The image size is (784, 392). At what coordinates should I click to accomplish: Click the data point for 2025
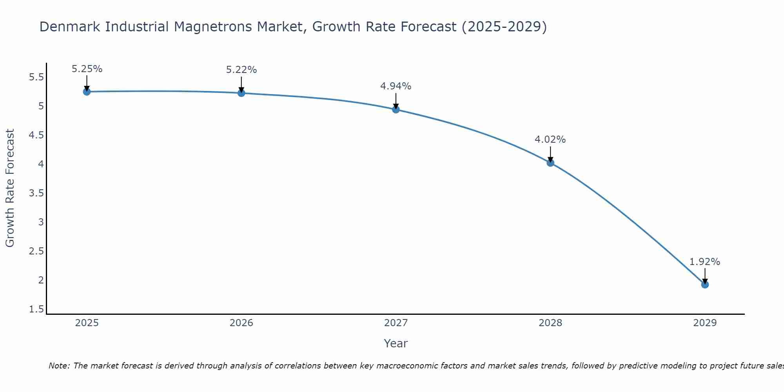[87, 92]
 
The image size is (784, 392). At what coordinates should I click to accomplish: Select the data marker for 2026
[241, 93]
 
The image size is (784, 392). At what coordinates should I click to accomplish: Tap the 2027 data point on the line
[396, 109]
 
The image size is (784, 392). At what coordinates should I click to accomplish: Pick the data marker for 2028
[550, 163]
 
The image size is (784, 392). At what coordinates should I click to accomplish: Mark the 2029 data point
[705, 284]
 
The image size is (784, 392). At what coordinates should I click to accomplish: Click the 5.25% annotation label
[87, 69]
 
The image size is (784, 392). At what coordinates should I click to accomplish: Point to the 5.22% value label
[241, 70]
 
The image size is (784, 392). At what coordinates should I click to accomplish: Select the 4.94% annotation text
[396, 86]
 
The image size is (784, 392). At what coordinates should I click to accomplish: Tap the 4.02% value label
[550, 140]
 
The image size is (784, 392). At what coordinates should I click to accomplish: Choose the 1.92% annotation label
[705, 262]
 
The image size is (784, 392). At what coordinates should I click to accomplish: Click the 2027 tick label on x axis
[396, 323]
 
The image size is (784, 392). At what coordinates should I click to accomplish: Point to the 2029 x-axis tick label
[705, 323]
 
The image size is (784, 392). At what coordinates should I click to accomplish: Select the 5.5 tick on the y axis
[36, 77]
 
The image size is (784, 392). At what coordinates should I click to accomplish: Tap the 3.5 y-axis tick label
[36, 193]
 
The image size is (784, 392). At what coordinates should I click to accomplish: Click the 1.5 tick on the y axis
[36, 309]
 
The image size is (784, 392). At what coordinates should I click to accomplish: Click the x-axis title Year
[396, 343]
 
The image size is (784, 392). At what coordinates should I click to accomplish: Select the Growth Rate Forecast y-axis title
[10, 188]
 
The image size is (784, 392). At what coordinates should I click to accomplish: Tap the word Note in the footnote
[58, 366]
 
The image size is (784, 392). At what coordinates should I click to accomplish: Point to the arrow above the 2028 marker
[550, 154]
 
